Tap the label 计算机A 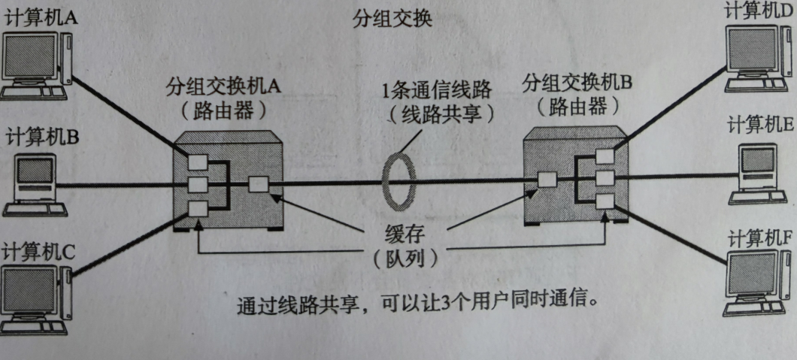[41, 19]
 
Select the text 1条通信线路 [436, 92]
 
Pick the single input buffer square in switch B [547, 180]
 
